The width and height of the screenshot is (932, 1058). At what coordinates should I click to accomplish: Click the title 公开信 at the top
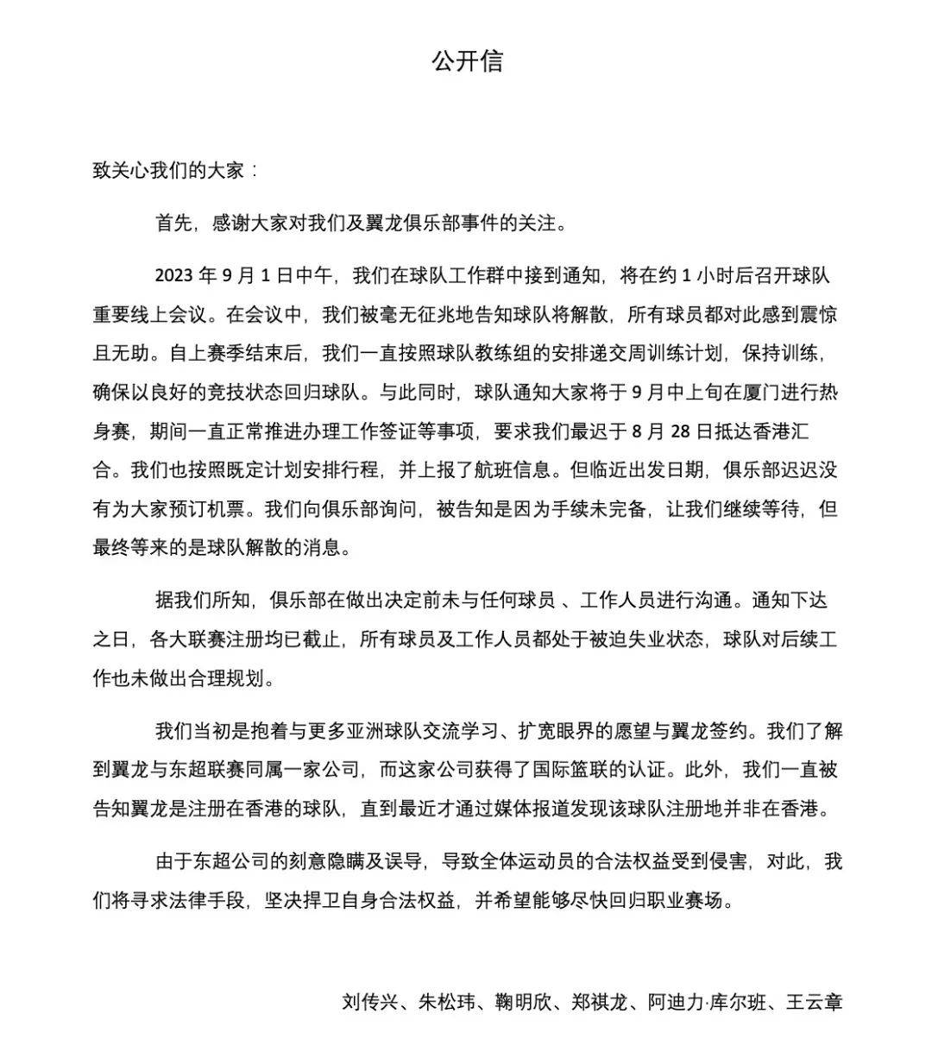467,61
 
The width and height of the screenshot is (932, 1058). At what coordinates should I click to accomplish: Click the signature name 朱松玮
446,1002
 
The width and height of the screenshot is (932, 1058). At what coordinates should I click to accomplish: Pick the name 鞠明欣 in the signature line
523,1002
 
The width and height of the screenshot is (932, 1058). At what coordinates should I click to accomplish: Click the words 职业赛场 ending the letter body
695,901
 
